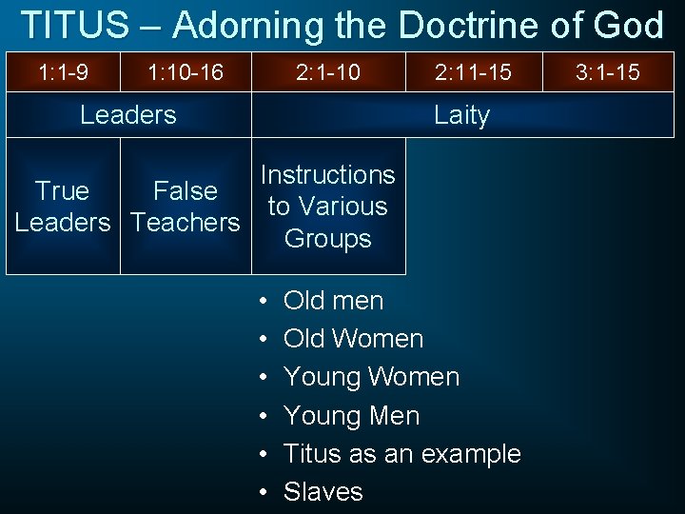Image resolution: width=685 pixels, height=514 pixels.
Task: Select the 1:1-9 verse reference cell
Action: tap(63, 71)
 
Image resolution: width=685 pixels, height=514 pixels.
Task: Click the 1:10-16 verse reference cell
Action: tap(186, 71)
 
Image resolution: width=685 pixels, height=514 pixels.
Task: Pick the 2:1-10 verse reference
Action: tap(328, 71)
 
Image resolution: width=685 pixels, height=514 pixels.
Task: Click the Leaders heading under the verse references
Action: tap(127, 115)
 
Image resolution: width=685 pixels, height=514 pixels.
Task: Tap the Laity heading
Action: tap(461, 115)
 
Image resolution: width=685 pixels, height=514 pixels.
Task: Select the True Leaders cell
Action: tap(62, 207)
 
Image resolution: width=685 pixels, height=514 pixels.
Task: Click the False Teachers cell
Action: tap(186, 207)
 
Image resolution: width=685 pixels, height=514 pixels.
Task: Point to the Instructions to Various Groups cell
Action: tap(328, 207)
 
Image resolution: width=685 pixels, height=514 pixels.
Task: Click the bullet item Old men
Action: tap(333, 301)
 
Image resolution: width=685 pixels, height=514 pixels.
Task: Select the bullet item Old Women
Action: tap(353, 339)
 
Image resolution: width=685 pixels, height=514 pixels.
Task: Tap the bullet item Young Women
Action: tap(371, 377)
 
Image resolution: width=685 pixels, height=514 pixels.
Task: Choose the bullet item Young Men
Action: tap(351, 416)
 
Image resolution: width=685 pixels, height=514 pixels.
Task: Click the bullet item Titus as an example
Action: tap(401, 454)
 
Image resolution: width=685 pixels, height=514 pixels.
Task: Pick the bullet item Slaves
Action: tap(323, 492)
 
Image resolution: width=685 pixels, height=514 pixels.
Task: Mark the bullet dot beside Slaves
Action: tap(263, 492)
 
